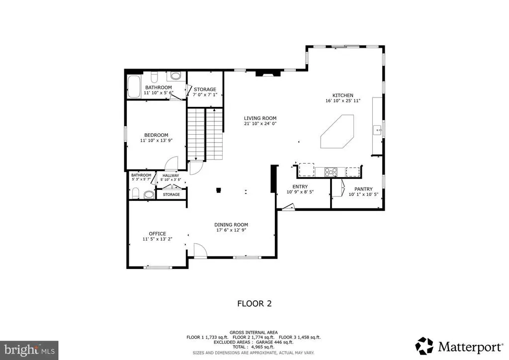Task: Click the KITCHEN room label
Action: [x=343, y=95]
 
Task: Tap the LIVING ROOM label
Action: [x=260, y=118]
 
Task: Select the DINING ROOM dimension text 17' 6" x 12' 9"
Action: [x=232, y=230]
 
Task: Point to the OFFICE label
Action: [x=158, y=234]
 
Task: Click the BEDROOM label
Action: [x=156, y=135]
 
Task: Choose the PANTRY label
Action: [x=363, y=189]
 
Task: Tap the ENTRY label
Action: [x=300, y=186]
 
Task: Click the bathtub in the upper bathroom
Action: [x=134, y=87]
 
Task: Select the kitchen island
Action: [x=338, y=131]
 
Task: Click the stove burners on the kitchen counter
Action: [x=331, y=172]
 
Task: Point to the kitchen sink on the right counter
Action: [x=378, y=130]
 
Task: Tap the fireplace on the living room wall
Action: [x=268, y=74]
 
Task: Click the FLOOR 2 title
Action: [x=254, y=303]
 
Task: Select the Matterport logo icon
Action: [x=424, y=346]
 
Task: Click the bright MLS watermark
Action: [x=29, y=350]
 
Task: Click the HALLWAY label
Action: [x=171, y=176]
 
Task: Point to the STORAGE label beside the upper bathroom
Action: [x=205, y=90]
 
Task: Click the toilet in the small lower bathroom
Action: [x=136, y=193]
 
